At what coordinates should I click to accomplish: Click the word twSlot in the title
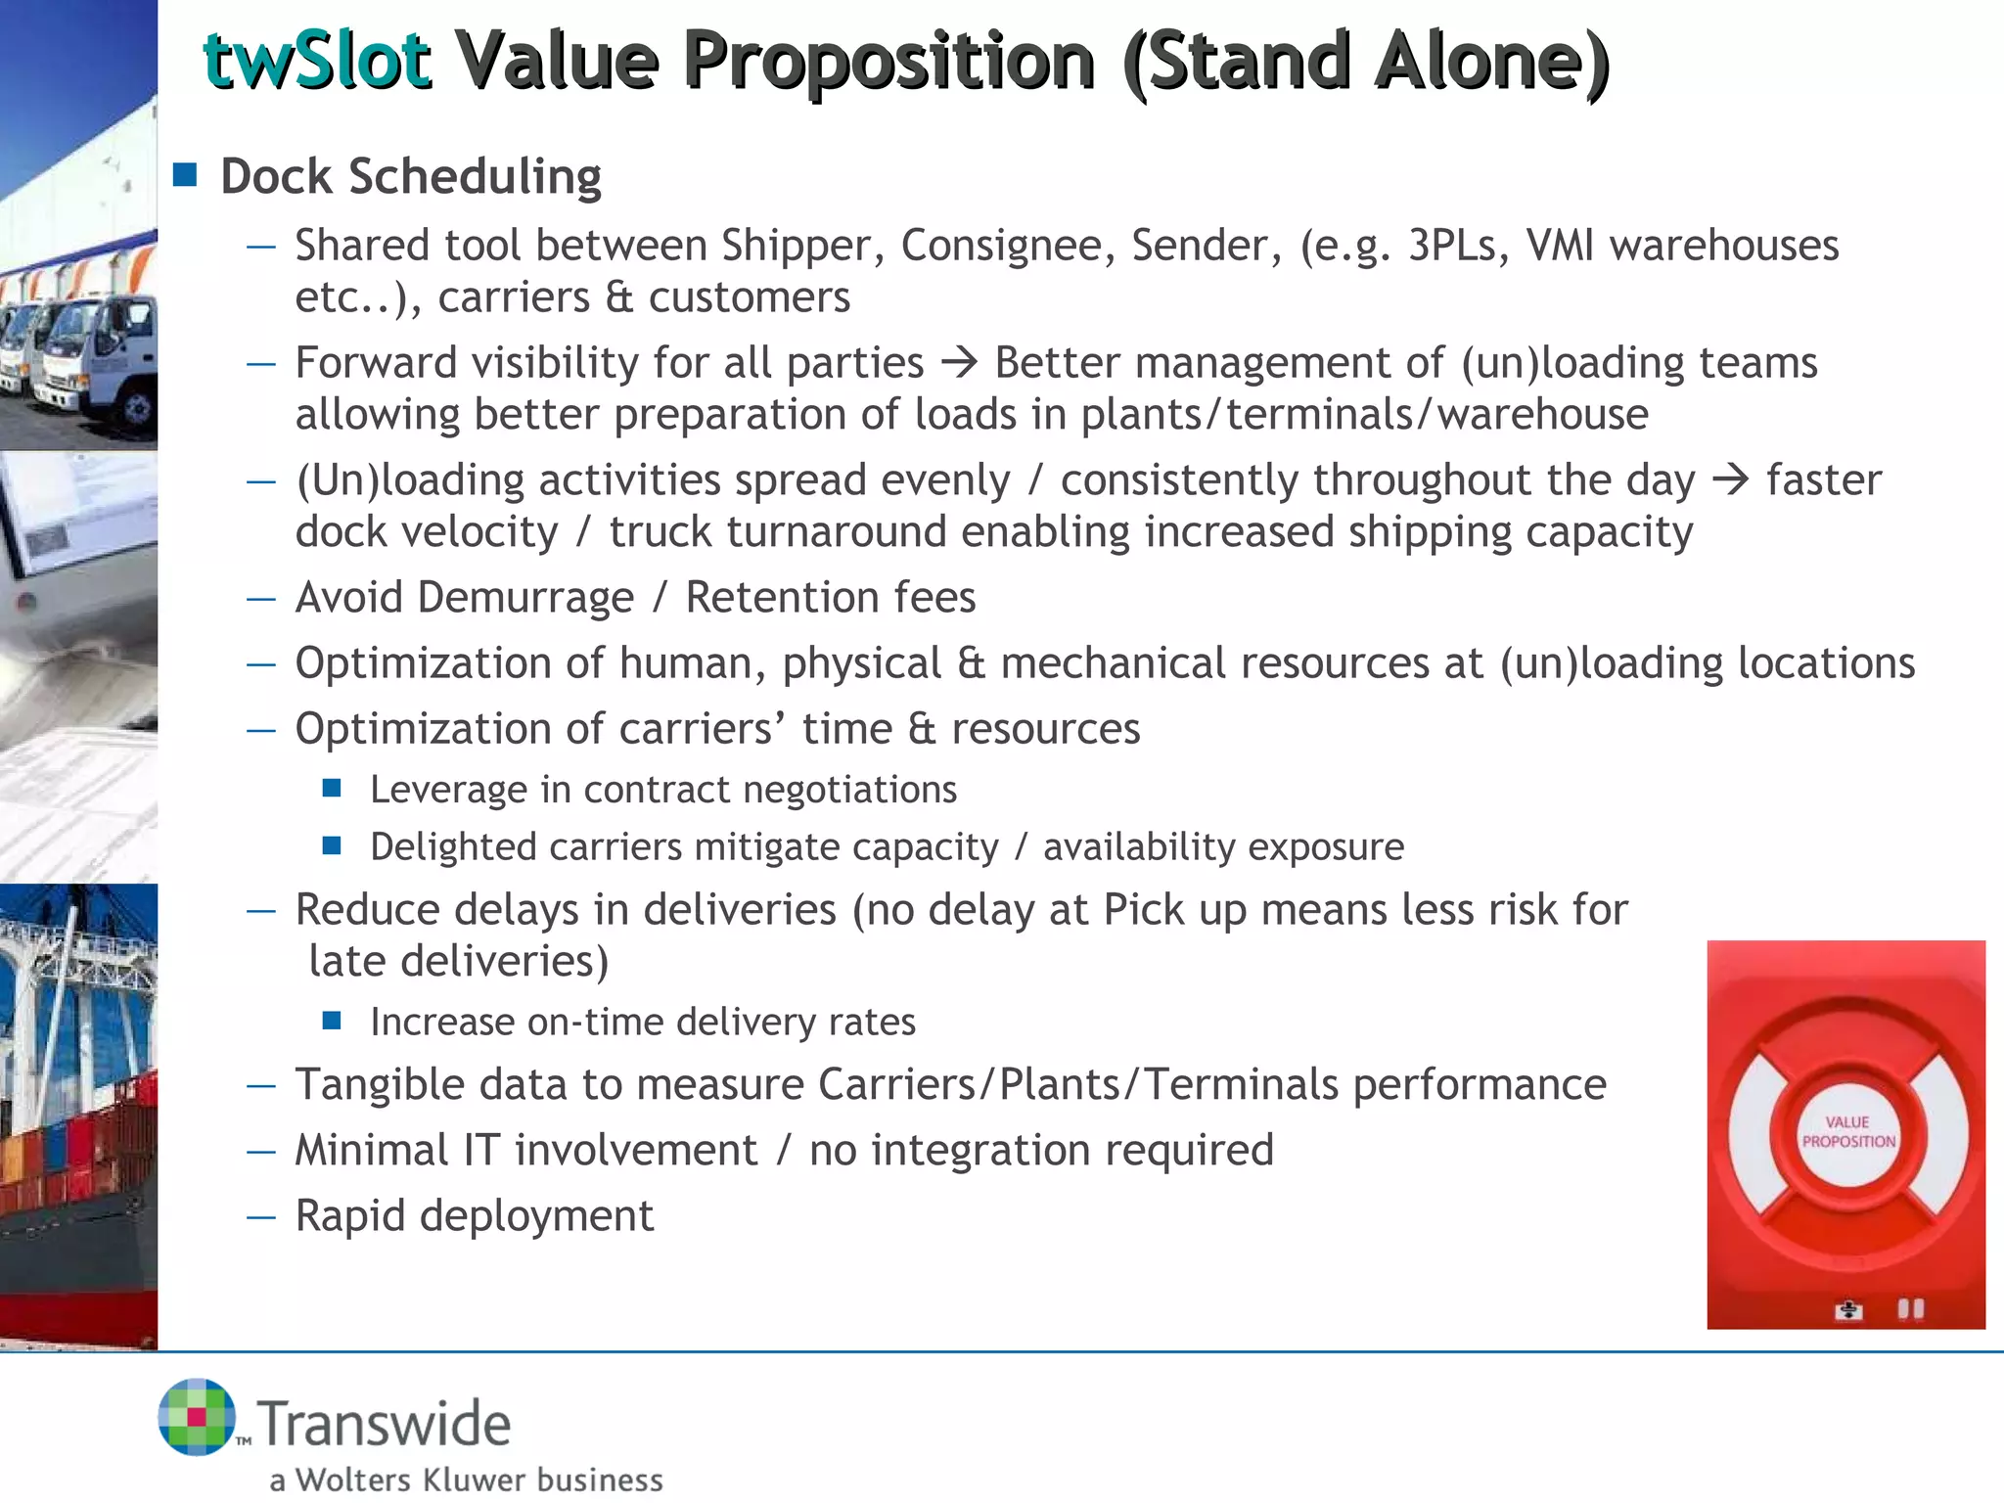click(316, 61)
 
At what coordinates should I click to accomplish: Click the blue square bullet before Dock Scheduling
click(185, 175)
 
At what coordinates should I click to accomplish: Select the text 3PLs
click(1451, 246)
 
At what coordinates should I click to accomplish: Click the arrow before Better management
click(959, 363)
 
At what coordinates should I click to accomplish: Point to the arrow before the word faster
click(1730, 480)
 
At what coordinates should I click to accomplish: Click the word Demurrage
click(525, 598)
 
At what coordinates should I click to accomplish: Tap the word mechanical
click(1213, 663)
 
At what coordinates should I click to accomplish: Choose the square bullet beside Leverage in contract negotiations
click(332, 788)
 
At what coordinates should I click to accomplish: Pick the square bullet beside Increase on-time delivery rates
click(332, 1021)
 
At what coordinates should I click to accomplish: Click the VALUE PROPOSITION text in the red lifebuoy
click(1847, 1132)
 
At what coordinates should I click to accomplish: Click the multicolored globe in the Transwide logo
click(197, 1417)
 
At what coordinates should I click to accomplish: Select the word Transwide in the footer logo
click(385, 1424)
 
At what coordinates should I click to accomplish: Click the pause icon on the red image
click(1910, 1308)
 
